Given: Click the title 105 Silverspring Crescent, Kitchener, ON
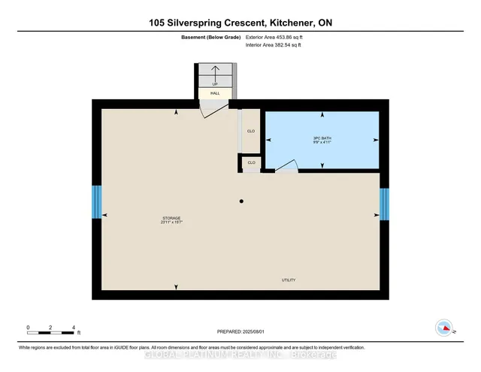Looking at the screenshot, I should (x=240, y=23).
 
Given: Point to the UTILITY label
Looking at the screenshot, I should (x=289, y=280).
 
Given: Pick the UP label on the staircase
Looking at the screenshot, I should (x=214, y=83).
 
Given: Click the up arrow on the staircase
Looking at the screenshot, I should (x=214, y=72).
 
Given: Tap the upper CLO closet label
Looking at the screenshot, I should (x=251, y=129).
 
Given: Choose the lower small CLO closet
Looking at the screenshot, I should (x=251, y=162).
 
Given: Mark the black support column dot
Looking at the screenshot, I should (x=241, y=201).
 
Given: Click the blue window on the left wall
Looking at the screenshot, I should (x=96, y=202).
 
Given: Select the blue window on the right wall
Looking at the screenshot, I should (x=384, y=204).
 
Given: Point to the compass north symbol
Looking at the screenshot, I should (x=444, y=328).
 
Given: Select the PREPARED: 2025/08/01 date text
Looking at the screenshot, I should (x=240, y=331).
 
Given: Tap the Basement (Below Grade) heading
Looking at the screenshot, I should (x=202, y=37).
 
